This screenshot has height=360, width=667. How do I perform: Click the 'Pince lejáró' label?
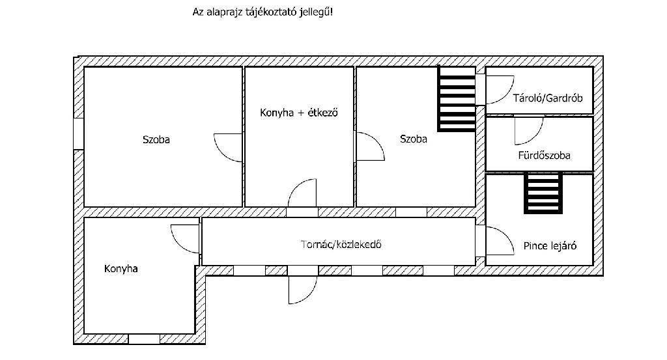click(550, 246)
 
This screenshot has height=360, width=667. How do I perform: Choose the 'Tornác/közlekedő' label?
click(340, 245)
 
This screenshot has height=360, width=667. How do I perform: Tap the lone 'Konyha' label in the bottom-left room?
click(121, 268)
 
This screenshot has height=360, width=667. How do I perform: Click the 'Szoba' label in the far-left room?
click(156, 139)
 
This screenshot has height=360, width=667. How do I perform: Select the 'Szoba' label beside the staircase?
click(414, 139)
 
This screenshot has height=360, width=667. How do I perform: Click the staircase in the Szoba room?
click(457, 99)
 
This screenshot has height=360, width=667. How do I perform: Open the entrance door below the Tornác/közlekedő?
click(302, 288)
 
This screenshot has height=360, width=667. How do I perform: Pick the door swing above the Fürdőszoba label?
click(528, 130)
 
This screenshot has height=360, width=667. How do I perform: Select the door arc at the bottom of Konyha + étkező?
click(302, 194)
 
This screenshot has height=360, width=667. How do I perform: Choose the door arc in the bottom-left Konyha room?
click(185, 238)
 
